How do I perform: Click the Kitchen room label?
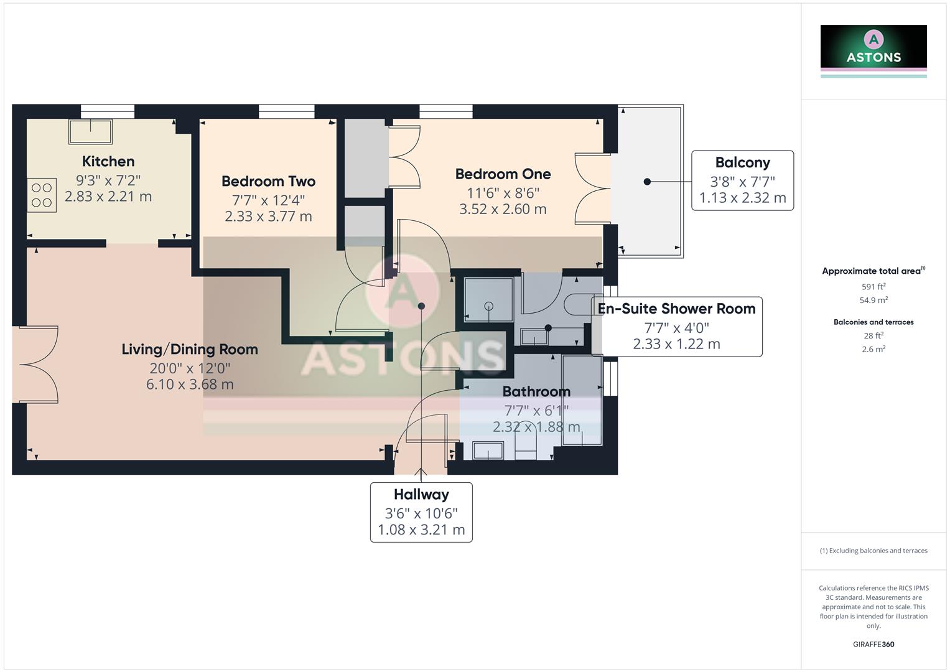(x=108, y=162)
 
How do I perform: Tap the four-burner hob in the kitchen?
(x=42, y=195)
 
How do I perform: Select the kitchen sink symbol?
(x=91, y=133)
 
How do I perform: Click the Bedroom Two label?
(x=268, y=182)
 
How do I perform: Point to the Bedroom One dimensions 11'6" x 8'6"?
(x=503, y=193)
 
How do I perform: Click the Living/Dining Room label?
(x=190, y=350)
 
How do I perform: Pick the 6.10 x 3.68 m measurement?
(x=190, y=385)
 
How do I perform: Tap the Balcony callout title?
(x=742, y=163)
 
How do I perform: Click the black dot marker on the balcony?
(x=647, y=182)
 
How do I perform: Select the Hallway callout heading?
(x=421, y=495)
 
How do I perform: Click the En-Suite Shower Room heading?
(x=676, y=309)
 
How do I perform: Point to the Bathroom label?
(x=536, y=392)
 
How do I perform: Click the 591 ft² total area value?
(x=873, y=287)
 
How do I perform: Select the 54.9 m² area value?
(x=873, y=301)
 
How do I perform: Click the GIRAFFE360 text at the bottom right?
(x=873, y=645)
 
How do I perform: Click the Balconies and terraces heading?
(x=873, y=322)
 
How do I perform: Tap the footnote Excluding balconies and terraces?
(x=873, y=551)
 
